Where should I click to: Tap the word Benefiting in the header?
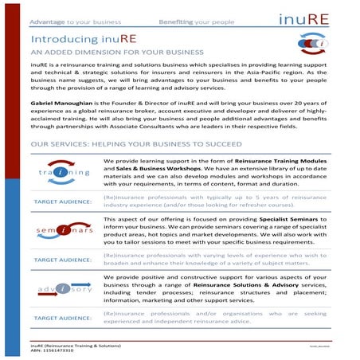pos(177,15)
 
